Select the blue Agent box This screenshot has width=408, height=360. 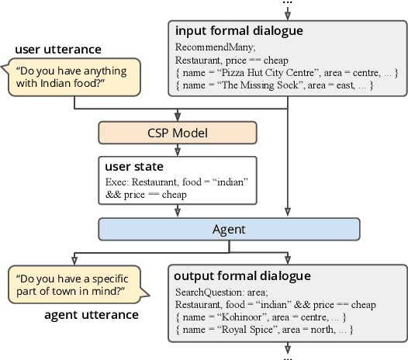coord(230,228)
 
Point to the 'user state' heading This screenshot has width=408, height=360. coord(132,167)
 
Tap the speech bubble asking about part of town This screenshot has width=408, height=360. coord(74,286)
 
